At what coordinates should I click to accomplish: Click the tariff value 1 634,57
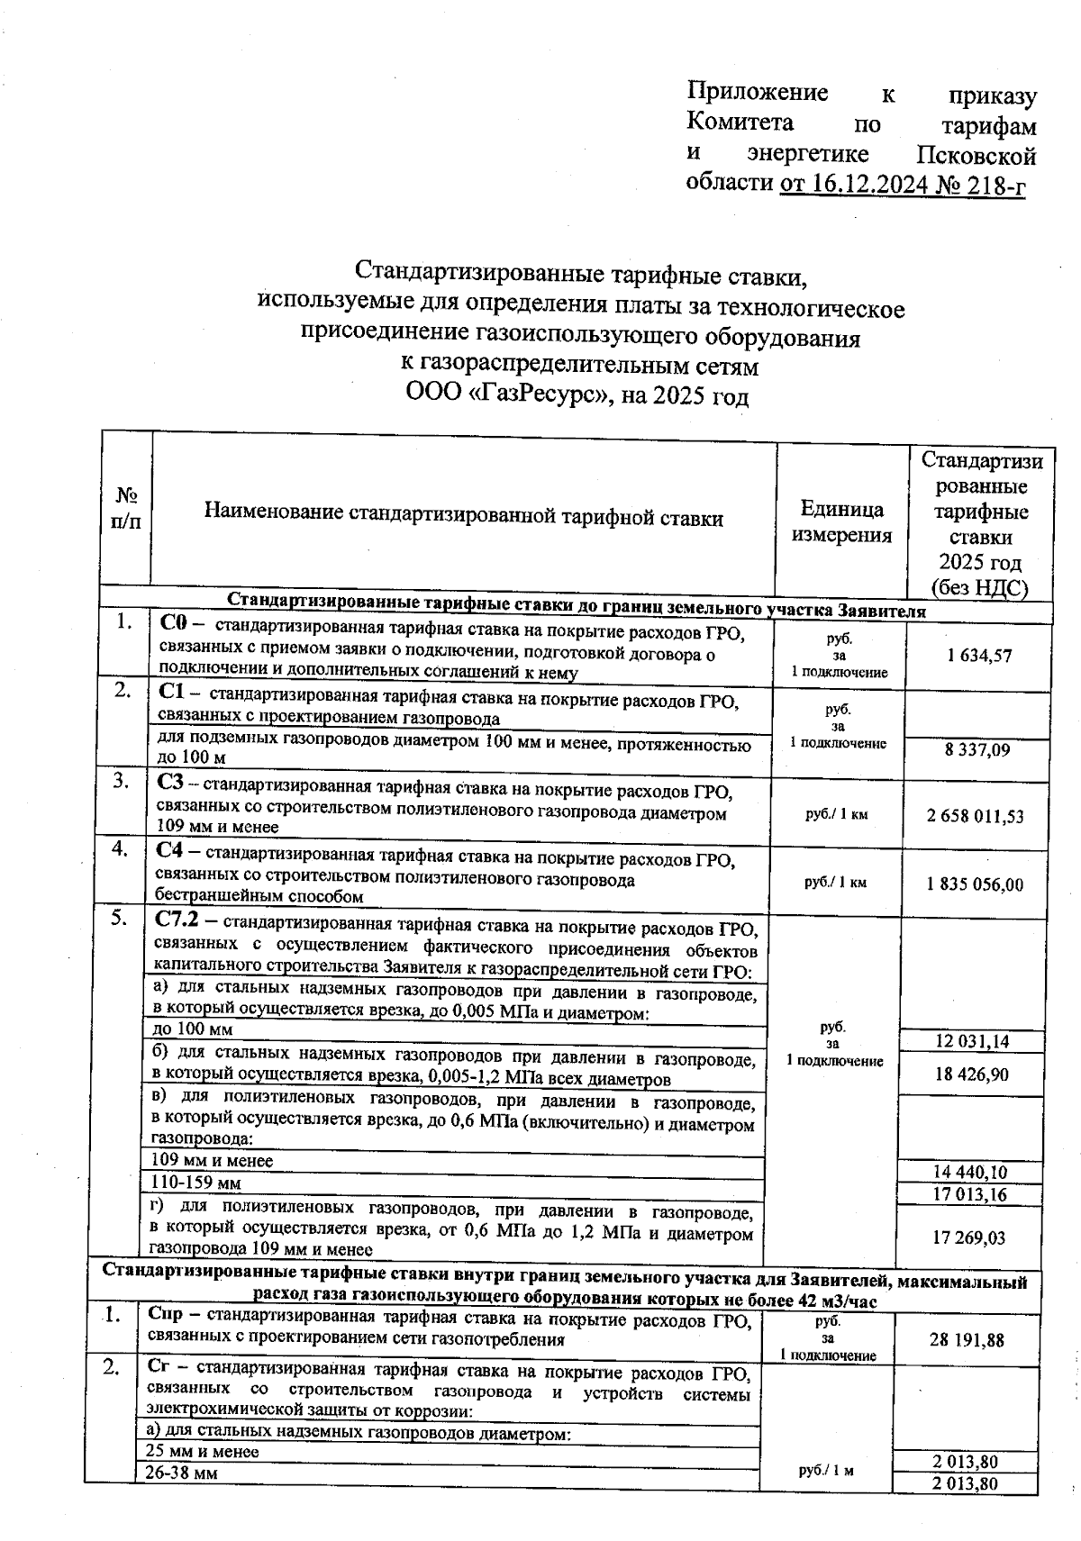coord(979,657)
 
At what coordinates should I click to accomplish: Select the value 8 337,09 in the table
coord(977,749)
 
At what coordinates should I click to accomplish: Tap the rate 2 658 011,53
coord(975,816)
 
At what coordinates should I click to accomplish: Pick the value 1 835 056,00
coord(975,884)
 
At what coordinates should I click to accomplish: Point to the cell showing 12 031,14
coord(972,1042)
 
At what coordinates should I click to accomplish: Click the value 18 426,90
coord(971,1074)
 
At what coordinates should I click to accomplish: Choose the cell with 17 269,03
coord(969,1238)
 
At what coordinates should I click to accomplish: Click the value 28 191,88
coord(967,1340)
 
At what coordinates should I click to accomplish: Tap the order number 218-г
coord(995,185)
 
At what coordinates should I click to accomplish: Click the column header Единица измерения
coord(841,521)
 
